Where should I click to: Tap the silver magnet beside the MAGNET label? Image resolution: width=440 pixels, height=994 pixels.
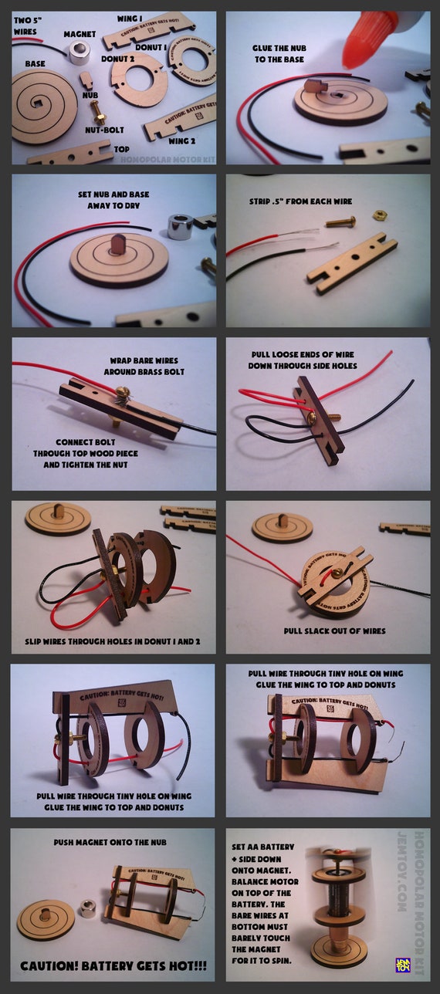point(80,52)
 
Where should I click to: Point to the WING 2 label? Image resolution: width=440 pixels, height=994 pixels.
point(181,140)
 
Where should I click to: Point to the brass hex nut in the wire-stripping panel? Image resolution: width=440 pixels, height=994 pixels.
point(380,215)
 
